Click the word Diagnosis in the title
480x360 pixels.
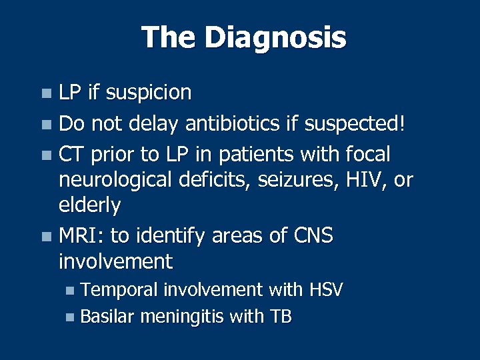tap(275, 37)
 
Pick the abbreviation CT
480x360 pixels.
tap(70, 155)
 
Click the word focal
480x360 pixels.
tap(369, 155)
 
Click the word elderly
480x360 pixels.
tap(89, 205)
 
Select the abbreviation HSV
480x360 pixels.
tap(326, 290)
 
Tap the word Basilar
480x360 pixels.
tap(109, 317)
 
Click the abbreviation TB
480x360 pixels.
tap(280, 317)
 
